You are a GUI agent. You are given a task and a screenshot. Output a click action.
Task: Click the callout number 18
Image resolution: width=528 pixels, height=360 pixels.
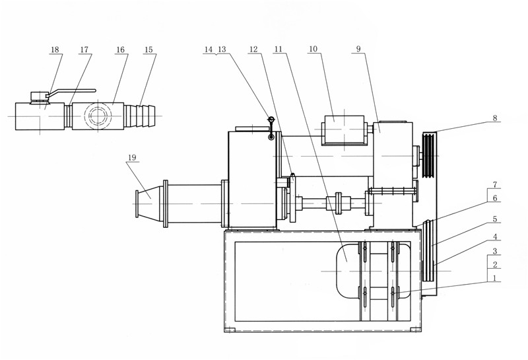click(x=55, y=50)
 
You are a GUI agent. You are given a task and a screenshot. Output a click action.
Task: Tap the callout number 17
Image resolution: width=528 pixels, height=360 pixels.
click(x=84, y=50)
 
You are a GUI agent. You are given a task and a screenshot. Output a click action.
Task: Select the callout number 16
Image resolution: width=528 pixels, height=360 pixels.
click(x=120, y=50)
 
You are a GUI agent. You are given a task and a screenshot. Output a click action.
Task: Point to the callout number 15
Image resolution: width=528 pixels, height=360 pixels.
click(x=148, y=50)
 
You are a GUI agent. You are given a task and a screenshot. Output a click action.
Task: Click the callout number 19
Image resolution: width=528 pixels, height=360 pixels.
click(x=131, y=157)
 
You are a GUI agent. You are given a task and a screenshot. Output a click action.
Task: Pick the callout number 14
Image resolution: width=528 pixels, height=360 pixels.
click(x=209, y=50)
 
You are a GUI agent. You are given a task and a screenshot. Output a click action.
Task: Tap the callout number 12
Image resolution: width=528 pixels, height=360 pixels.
click(x=253, y=50)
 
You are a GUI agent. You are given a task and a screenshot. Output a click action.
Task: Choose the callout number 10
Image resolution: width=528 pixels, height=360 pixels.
click(x=313, y=49)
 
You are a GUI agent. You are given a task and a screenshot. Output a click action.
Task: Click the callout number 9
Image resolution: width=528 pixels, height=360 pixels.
click(x=358, y=49)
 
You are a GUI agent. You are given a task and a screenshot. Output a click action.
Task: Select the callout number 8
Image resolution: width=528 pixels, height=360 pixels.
click(x=494, y=118)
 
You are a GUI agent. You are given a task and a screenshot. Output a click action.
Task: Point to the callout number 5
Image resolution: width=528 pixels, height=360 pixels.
click(x=494, y=219)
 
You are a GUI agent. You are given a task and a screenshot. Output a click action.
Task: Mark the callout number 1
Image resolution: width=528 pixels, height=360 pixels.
click(x=494, y=278)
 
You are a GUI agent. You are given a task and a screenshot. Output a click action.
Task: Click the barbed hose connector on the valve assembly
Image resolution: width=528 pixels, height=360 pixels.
click(x=139, y=116)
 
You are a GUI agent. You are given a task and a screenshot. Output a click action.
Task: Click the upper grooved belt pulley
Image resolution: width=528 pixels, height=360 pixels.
click(x=428, y=156)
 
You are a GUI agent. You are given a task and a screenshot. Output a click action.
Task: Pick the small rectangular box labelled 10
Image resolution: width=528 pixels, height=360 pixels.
click(x=343, y=130)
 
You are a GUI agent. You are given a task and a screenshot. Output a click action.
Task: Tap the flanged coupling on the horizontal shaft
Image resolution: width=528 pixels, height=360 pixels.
click(x=339, y=203)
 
